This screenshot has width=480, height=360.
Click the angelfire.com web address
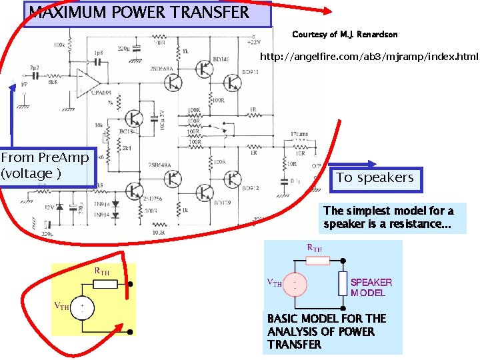pos(369,57)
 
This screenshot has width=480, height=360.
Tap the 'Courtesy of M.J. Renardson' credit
pos(345,35)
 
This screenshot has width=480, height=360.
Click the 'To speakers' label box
pos(375,177)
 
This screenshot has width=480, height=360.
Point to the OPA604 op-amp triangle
pos(87,82)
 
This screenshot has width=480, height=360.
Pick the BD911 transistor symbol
pos(233,82)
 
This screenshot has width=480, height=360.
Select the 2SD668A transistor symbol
pos(173,82)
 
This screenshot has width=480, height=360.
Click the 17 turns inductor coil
pos(298,141)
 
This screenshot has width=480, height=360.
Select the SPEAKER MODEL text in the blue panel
pos(371,287)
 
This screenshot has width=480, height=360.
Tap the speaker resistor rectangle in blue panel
pos(342,283)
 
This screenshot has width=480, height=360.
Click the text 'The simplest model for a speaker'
pos(389,217)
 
